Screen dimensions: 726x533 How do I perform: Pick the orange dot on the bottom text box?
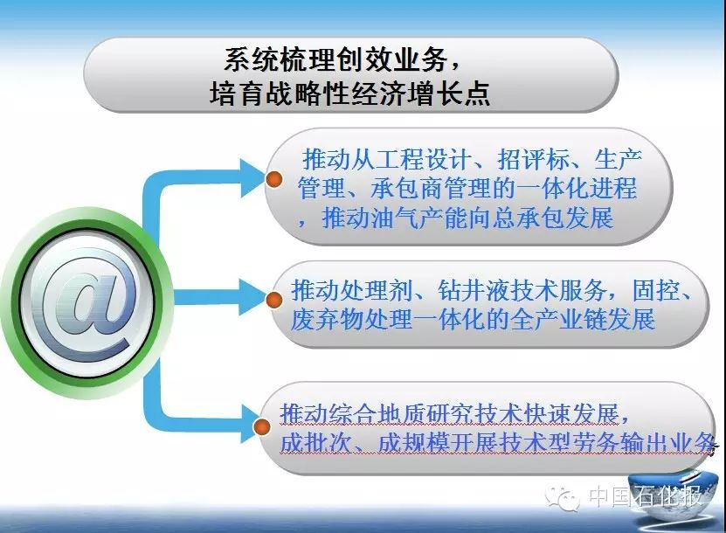[261, 427]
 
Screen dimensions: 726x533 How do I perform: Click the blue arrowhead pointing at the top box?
[252, 178]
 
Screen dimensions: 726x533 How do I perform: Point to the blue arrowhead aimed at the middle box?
[252, 297]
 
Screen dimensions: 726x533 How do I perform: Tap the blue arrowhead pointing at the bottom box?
[249, 423]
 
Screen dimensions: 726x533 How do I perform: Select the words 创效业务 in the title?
[391, 59]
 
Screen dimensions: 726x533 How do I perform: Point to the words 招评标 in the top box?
[532, 159]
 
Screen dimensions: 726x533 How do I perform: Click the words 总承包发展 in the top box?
[552, 218]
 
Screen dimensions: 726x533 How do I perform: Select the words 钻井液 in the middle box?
[474, 290]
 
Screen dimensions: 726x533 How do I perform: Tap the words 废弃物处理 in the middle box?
[351, 319]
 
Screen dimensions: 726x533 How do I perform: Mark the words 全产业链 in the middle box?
[559, 319]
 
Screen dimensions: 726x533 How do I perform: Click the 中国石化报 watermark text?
[646, 495]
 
